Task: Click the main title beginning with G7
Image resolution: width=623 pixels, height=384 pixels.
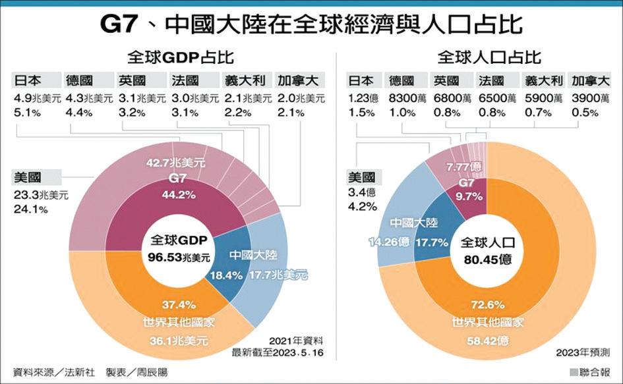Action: point(311,24)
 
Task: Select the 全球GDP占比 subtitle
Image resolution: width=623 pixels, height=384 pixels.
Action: point(172,57)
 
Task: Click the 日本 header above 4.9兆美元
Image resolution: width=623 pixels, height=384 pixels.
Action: point(27,81)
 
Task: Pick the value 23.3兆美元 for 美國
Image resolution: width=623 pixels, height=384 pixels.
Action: point(40,195)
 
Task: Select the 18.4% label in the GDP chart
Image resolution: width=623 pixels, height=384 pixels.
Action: point(224,276)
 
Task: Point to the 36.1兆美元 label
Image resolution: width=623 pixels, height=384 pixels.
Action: point(176,341)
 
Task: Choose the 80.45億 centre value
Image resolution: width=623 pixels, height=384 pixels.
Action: point(486,259)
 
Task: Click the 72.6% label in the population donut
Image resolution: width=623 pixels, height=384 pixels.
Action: point(487,304)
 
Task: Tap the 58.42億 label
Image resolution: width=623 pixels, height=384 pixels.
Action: point(487,341)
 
